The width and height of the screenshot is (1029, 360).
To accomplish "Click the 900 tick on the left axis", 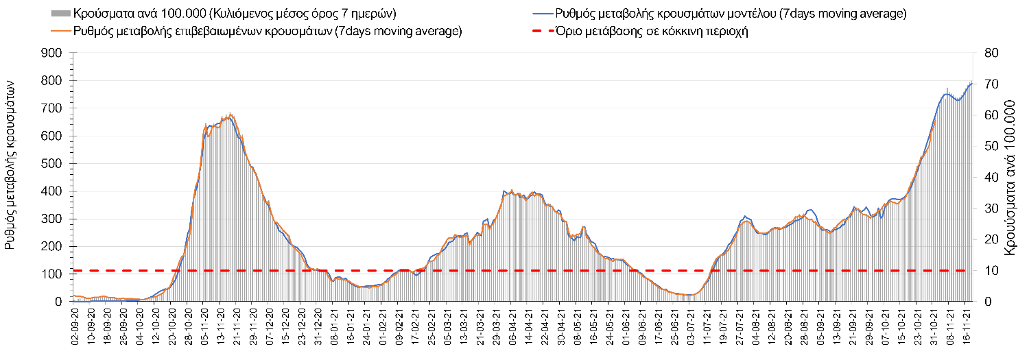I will pos(53,53).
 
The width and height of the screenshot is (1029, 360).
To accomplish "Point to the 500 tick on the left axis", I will pos(53,163).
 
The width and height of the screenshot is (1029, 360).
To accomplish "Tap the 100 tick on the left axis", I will pos(53,274).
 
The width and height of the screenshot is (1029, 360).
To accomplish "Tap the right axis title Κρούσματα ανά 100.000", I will pos(1010,178).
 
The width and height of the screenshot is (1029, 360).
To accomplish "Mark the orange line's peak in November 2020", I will pos(230,114).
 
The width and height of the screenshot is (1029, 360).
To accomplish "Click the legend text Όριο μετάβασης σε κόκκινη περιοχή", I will pos(652,31).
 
